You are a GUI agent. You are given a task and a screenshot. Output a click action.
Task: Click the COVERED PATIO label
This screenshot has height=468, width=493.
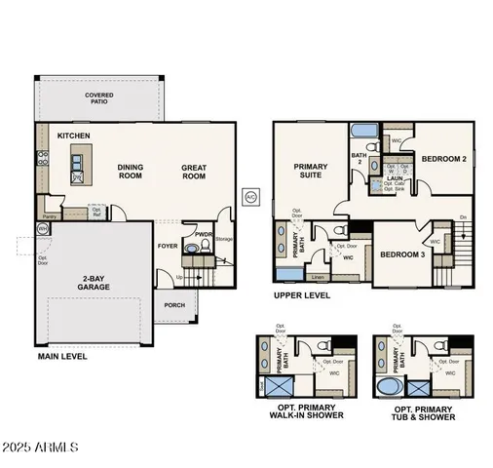coord(99,97)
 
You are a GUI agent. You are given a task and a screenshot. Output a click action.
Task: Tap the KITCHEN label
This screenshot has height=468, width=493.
coord(74,136)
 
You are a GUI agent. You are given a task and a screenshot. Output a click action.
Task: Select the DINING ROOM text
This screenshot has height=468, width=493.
coord(130,172)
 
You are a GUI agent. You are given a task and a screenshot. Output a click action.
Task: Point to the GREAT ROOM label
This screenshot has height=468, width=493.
coord(194,172)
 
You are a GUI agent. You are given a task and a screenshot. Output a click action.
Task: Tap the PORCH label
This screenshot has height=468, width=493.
coord(174,303)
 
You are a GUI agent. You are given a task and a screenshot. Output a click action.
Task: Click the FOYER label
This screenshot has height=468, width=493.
coord(169,246)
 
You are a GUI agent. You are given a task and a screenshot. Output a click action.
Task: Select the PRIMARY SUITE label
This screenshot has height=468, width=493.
coord(311,172)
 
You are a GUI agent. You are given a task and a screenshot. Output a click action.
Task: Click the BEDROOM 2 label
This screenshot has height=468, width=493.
coord(443,158)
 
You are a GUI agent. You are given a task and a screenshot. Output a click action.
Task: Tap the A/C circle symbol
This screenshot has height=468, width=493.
coord(249,196)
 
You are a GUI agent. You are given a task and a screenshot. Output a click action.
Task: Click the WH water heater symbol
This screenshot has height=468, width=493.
coord(42,228)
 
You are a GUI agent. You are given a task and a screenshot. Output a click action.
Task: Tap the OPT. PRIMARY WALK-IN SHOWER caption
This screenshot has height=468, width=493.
coord(306,411)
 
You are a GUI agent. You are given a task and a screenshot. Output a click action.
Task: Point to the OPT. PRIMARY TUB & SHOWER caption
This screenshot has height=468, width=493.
coord(424,411)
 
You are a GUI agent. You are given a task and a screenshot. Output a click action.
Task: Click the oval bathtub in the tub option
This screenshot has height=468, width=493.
coord(388,388)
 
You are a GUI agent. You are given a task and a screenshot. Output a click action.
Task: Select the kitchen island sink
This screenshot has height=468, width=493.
coord(77,175)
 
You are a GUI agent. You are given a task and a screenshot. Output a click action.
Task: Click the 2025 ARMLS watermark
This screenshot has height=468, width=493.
coord(40,450)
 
